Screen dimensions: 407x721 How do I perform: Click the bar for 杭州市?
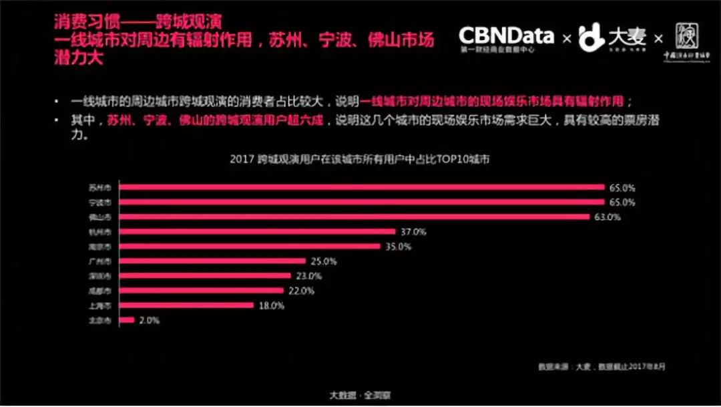pyautogui.click(x=258, y=232)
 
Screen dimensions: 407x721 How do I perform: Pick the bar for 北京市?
pyautogui.click(x=128, y=320)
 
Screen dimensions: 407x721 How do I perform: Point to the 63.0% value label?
pyautogui.click(x=608, y=217)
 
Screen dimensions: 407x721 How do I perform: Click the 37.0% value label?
pyautogui.click(x=413, y=232)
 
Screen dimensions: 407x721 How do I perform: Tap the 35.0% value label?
pyautogui.click(x=399, y=247)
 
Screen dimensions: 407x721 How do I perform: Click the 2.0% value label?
pyautogui.click(x=149, y=320)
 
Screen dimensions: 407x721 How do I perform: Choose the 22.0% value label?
pyautogui.click(x=301, y=291)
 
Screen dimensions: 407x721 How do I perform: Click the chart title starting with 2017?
pyautogui.click(x=360, y=160)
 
